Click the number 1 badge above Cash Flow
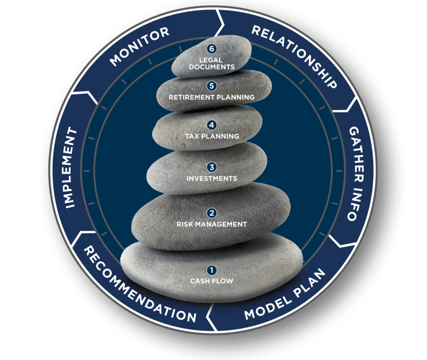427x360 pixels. point(212,270)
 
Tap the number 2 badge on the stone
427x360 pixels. point(212,213)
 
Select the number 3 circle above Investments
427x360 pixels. point(212,167)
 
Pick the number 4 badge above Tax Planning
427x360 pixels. point(212,125)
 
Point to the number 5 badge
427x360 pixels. point(212,86)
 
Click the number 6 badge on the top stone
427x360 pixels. point(212,49)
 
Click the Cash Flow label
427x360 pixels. point(211,281)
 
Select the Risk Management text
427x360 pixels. point(211,224)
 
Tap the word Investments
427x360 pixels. point(211,179)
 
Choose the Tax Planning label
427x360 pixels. point(212,136)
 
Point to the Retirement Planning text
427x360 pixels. point(211,97)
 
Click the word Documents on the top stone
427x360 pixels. point(211,67)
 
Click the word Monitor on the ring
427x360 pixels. point(139,46)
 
